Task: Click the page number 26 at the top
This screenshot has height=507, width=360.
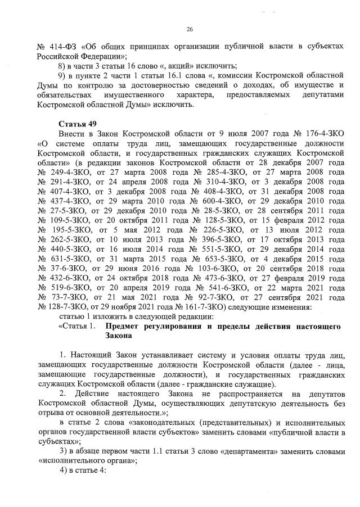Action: pos(189,30)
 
